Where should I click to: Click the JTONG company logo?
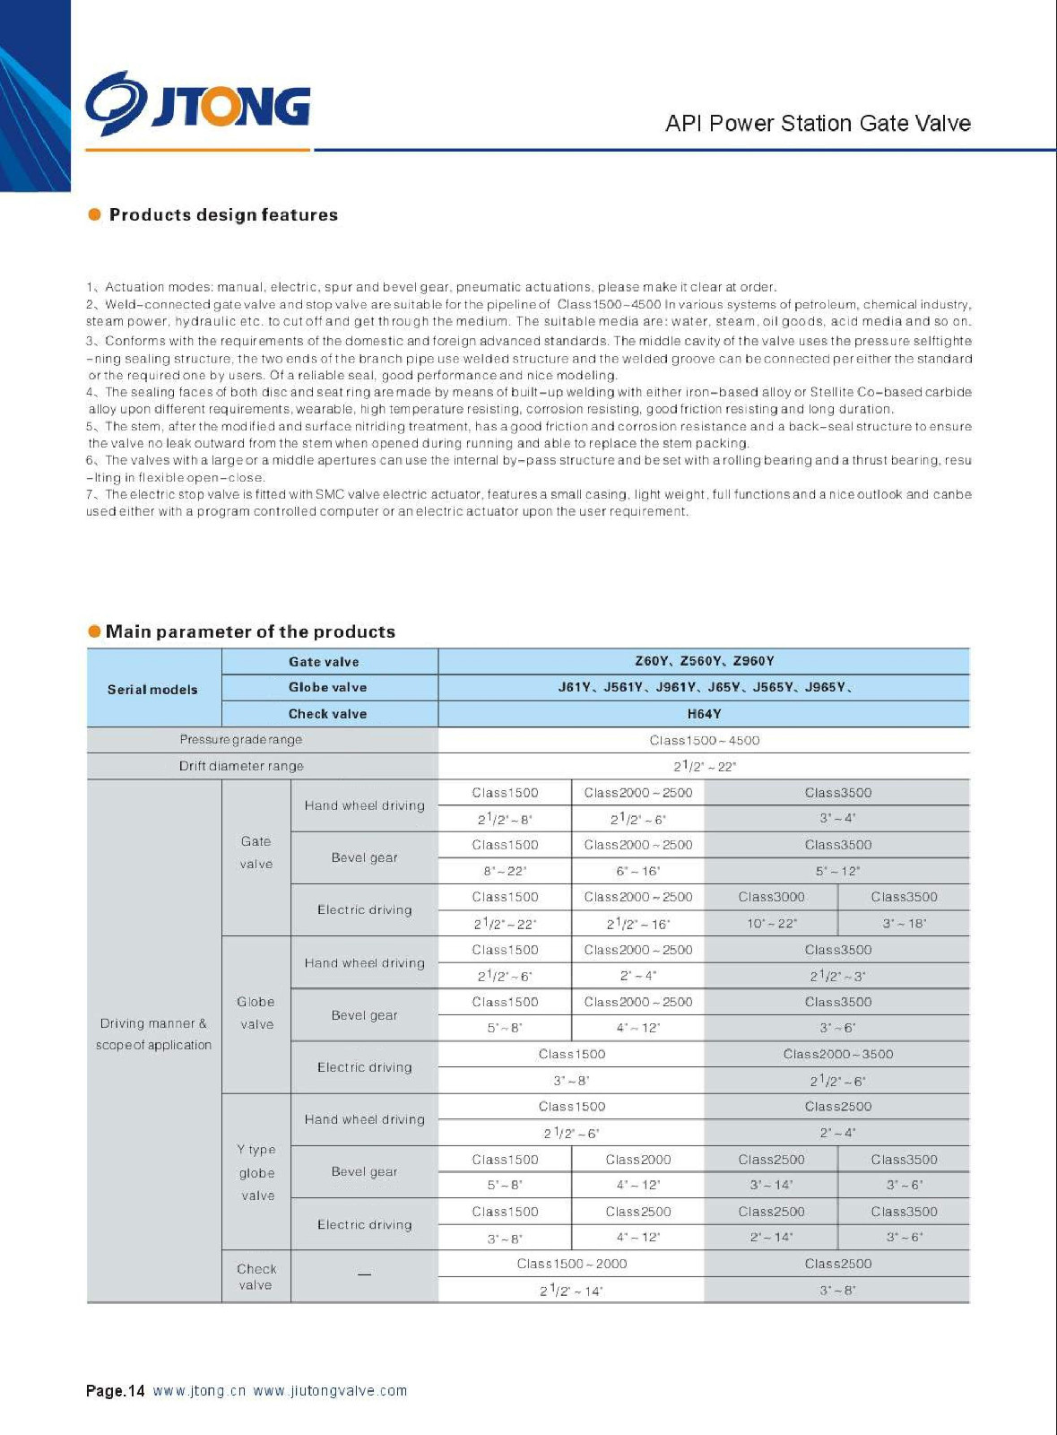(198, 106)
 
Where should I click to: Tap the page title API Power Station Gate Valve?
(818, 124)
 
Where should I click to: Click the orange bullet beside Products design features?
(94, 214)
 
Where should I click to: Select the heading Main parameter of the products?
(250, 631)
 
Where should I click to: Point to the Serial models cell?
(152, 690)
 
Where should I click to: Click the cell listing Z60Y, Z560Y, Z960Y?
(704, 661)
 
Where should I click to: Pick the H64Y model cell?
(704, 714)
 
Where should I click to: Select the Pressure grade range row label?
(240, 740)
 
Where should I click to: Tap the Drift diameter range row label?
(240, 766)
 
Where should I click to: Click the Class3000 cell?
(771, 897)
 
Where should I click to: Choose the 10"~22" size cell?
(771, 924)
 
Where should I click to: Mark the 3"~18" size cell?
(904, 924)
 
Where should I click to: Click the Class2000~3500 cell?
(837, 1054)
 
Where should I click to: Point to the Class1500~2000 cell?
(571, 1264)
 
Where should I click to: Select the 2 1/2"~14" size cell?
(571, 1291)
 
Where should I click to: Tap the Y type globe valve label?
(256, 1172)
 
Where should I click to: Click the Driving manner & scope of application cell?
(153, 1034)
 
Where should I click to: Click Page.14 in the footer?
(115, 1391)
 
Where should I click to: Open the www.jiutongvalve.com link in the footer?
(330, 1391)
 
